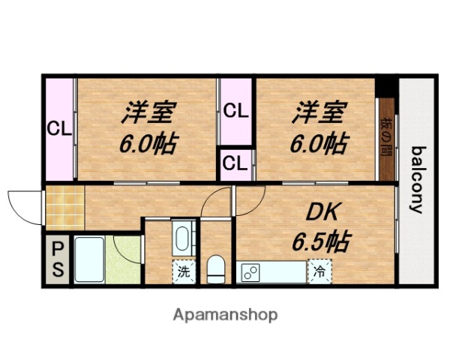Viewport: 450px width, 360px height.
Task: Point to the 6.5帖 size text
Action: click(319, 241)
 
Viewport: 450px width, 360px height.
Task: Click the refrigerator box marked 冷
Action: click(319, 271)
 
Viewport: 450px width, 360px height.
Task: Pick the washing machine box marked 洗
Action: click(184, 271)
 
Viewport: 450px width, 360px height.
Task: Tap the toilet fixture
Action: click(215, 268)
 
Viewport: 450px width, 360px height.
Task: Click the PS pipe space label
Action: click(57, 258)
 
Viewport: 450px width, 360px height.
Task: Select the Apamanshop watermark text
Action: click(226, 314)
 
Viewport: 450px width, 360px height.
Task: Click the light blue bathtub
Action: click(88, 259)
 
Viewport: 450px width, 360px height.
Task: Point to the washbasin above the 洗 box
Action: click(182, 239)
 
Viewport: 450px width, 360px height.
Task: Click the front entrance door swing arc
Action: click(25, 204)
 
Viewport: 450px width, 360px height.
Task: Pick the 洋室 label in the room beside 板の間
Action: click(319, 114)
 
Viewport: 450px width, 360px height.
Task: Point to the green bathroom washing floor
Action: click(123, 259)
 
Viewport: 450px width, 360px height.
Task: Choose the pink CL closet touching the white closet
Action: click(236, 113)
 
